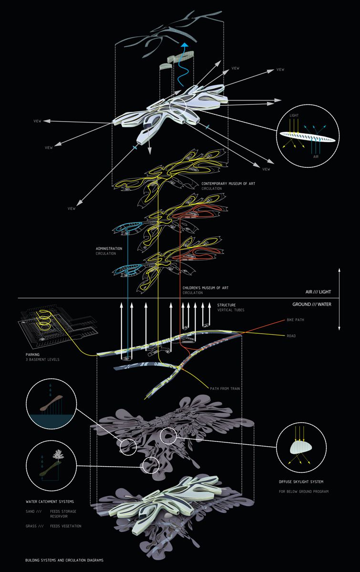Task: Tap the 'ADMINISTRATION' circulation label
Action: pyautogui.click(x=109, y=249)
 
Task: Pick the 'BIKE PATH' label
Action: pyautogui.click(x=296, y=320)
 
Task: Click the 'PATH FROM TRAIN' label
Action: pyautogui.click(x=225, y=389)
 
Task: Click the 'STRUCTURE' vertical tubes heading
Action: pyautogui.click(x=226, y=305)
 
